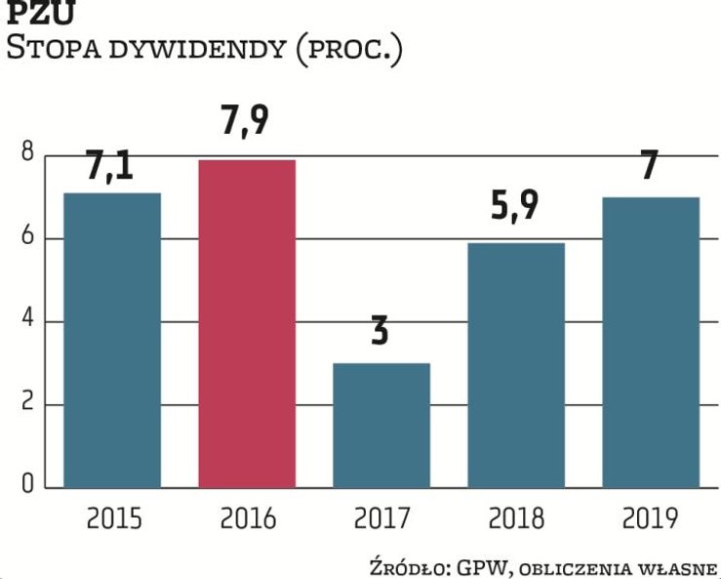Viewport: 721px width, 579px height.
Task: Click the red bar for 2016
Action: click(x=247, y=322)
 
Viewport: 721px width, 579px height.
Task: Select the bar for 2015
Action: click(x=113, y=339)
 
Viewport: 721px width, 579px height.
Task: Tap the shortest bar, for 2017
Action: click(x=381, y=424)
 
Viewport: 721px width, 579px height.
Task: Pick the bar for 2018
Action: click(x=516, y=364)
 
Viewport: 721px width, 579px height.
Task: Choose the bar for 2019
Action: click(x=651, y=341)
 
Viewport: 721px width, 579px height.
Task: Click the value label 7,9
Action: click(x=246, y=123)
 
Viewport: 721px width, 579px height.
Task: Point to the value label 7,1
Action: click(x=109, y=163)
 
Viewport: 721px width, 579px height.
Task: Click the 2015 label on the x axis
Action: click(x=114, y=517)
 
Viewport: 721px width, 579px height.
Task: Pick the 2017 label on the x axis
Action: click(x=381, y=517)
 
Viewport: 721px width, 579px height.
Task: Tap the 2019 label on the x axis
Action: click(x=651, y=517)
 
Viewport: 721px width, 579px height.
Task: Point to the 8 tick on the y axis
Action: click(x=26, y=154)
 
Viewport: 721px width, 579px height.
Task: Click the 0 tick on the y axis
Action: click(x=26, y=485)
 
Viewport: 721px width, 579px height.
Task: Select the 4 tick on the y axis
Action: click(x=26, y=321)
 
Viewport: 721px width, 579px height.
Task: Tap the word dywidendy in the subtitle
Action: click(x=199, y=48)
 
